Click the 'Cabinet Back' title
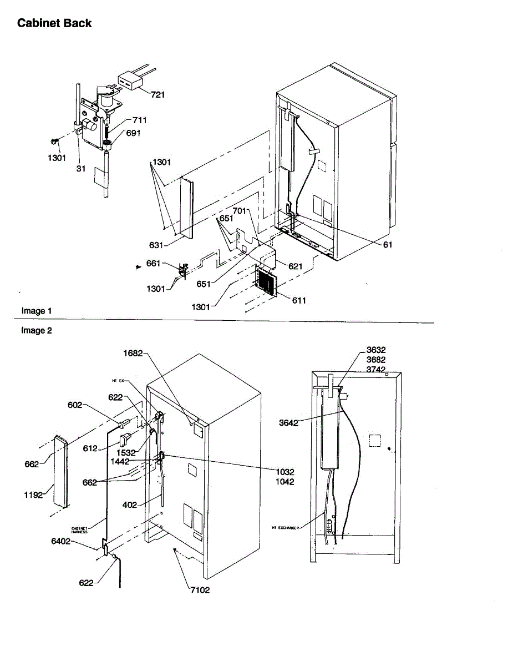[54, 23]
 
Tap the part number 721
[158, 95]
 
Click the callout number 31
[80, 168]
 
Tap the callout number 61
[388, 244]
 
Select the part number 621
[295, 266]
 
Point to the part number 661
[154, 264]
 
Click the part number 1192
[33, 495]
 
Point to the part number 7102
[199, 590]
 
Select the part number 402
[130, 505]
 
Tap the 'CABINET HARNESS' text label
[80, 530]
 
